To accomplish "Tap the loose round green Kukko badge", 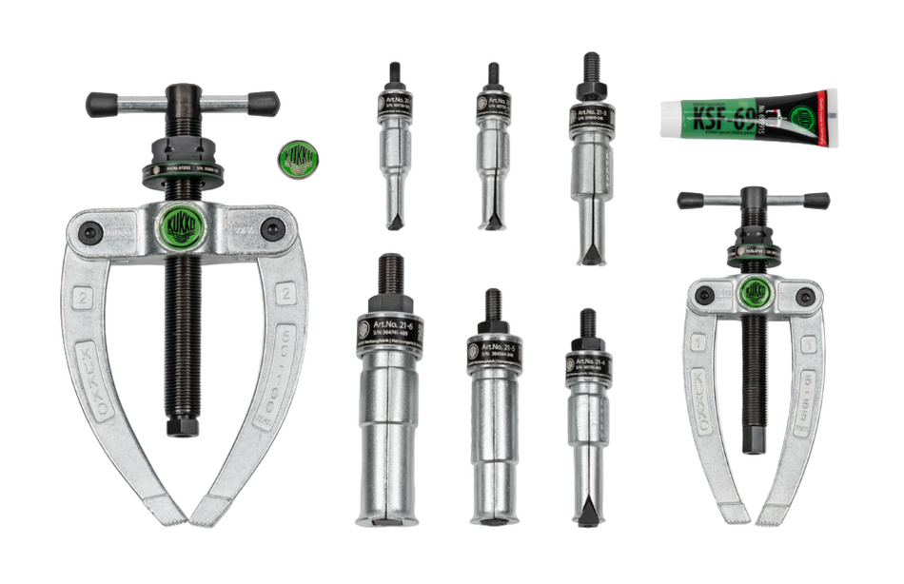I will [x=298, y=157].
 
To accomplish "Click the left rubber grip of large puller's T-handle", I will [x=102, y=105].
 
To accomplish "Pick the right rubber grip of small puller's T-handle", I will [x=816, y=202].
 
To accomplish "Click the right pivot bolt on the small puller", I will [x=805, y=297].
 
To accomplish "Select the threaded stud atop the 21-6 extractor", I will [x=390, y=276].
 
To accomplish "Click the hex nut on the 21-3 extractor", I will [x=590, y=91].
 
